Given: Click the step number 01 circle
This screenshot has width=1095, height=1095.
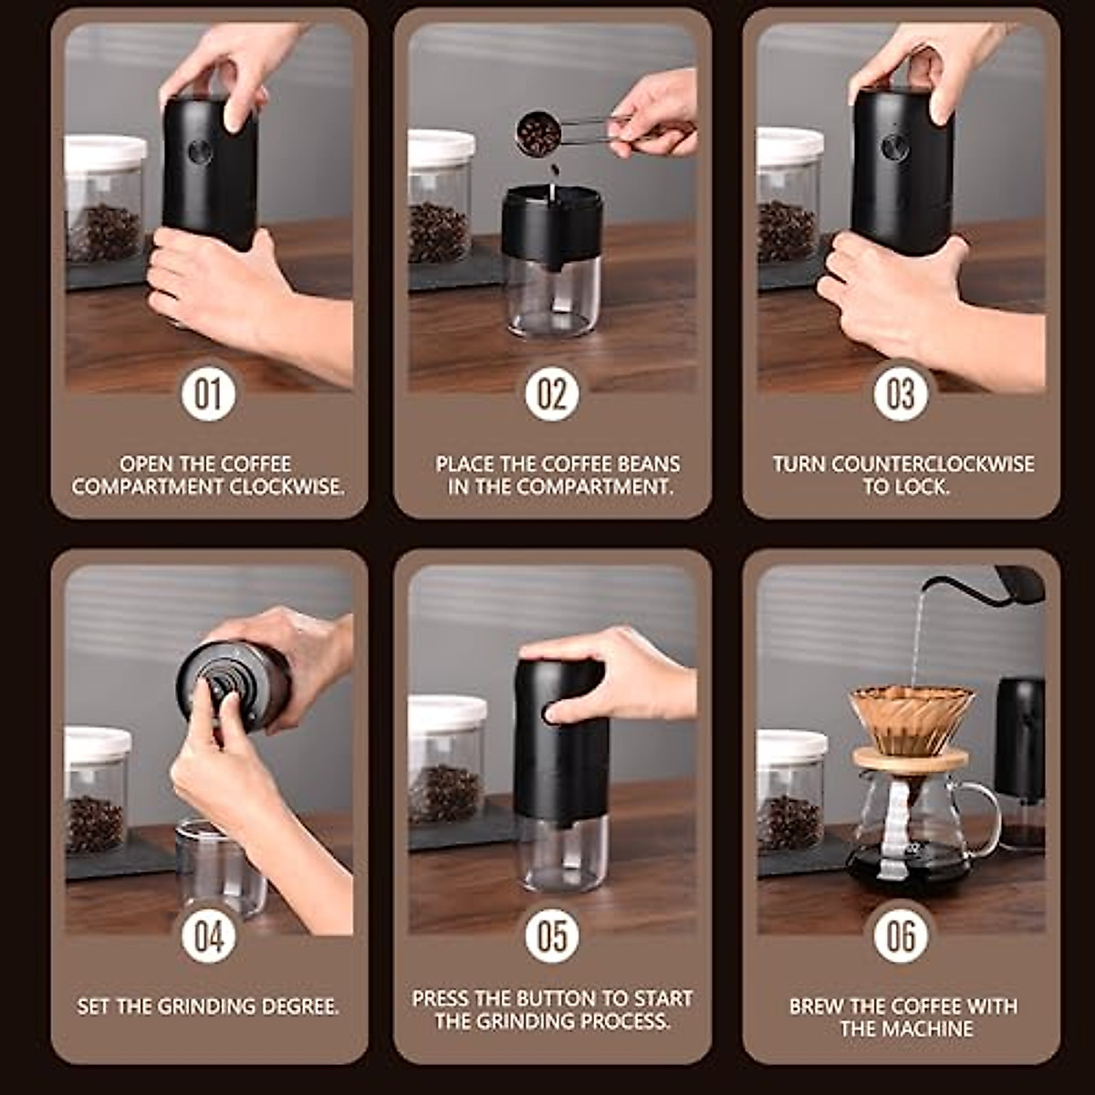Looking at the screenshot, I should pos(208,393).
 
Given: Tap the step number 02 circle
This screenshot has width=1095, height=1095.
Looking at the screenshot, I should pos(552,393).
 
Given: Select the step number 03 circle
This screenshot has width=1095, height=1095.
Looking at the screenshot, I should pos(901,393).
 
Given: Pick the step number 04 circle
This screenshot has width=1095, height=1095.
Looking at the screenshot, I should pos(208,935).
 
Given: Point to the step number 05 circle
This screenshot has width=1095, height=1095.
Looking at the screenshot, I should pos(552,935).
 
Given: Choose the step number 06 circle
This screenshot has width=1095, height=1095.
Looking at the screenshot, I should pos(901,935).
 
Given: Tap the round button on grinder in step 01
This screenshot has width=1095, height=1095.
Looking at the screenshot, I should pos(200,151).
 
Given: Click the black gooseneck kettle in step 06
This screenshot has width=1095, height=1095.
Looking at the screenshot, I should pos(1013,584).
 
